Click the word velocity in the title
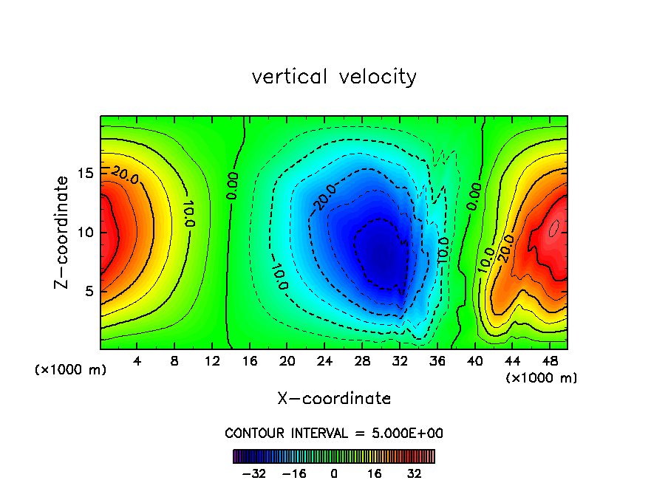click(380, 77)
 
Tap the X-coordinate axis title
click(334, 399)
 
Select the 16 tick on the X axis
click(250, 363)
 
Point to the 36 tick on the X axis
click(437, 363)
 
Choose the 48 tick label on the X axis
click(549, 363)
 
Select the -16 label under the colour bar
click(294, 474)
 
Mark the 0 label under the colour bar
click(334, 474)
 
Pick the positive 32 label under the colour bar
click(415, 474)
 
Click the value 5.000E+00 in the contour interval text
click(406, 433)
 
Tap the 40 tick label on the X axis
click(474, 363)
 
